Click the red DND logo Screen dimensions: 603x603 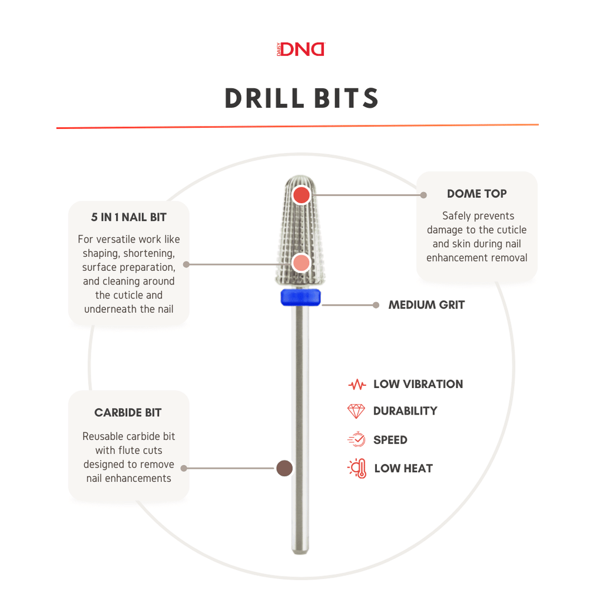[x=301, y=49]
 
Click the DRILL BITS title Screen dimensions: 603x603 [x=301, y=98]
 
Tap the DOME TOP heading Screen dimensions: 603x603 [x=476, y=193]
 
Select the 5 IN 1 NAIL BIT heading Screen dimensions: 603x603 [x=128, y=217]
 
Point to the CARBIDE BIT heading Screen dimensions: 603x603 [x=128, y=413]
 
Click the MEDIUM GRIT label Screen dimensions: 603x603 [x=426, y=305]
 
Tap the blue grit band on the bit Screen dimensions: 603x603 [x=301, y=297]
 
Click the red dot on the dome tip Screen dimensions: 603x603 [x=301, y=195]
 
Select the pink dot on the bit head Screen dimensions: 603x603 [x=301, y=263]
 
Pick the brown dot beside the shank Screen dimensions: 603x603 [x=284, y=468]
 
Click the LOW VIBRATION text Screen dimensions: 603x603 [x=418, y=384]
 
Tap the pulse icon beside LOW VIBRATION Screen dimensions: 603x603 [x=357, y=384]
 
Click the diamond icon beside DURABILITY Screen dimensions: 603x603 [x=356, y=411]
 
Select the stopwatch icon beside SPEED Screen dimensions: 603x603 [x=357, y=439]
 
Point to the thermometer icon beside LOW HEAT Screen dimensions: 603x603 [x=357, y=468]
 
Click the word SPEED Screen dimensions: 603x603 [x=390, y=440]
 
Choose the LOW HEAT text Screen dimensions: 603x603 [x=403, y=468]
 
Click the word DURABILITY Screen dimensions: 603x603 [x=405, y=411]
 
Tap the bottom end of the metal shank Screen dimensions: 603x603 [x=300, y=552]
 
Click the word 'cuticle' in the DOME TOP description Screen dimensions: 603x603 [x=508, y=230]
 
